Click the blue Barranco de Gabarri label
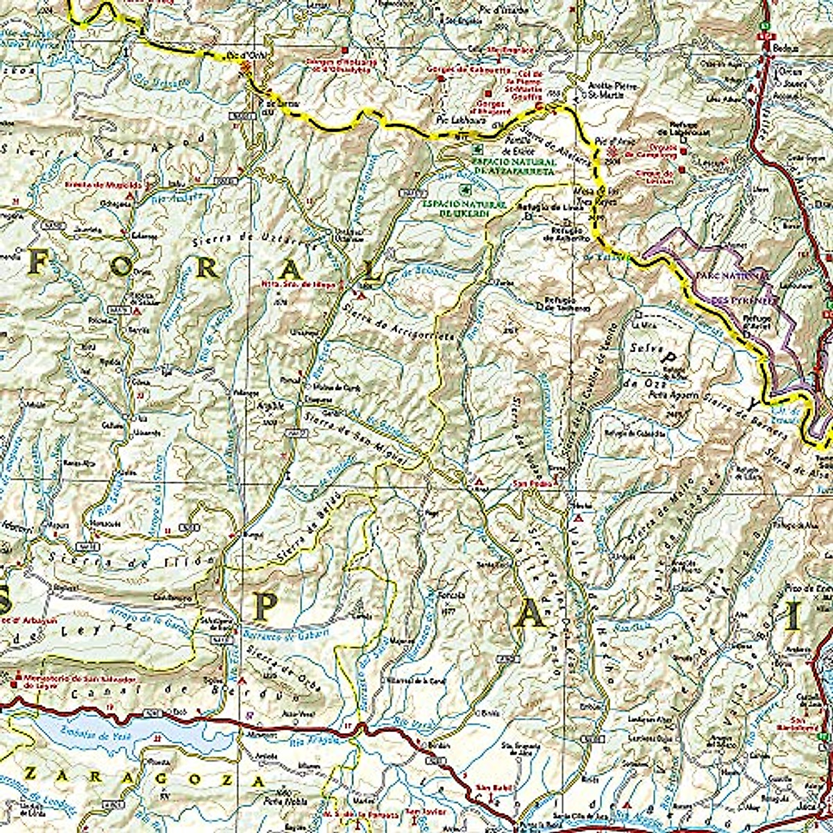click(274, 635)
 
